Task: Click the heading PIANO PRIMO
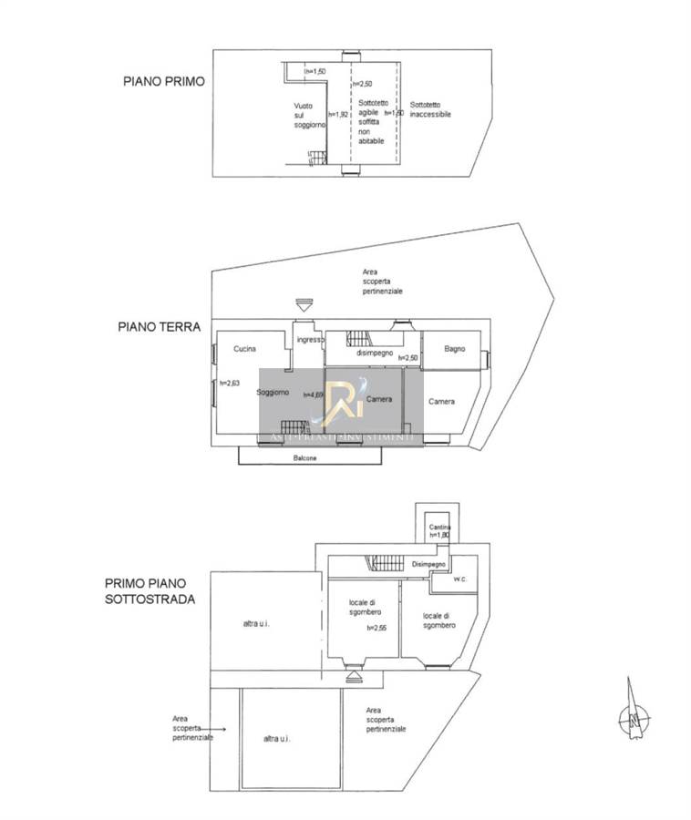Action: point(164,81)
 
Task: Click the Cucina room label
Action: point(244,349)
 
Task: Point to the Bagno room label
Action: point(456,349)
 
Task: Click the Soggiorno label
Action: point(273,393)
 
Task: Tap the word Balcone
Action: point(305,458)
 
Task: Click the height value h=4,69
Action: point(313,394)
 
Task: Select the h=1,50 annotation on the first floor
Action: point(315,72)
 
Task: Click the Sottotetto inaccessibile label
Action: point(429,109)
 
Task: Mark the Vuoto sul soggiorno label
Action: point(304,116)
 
